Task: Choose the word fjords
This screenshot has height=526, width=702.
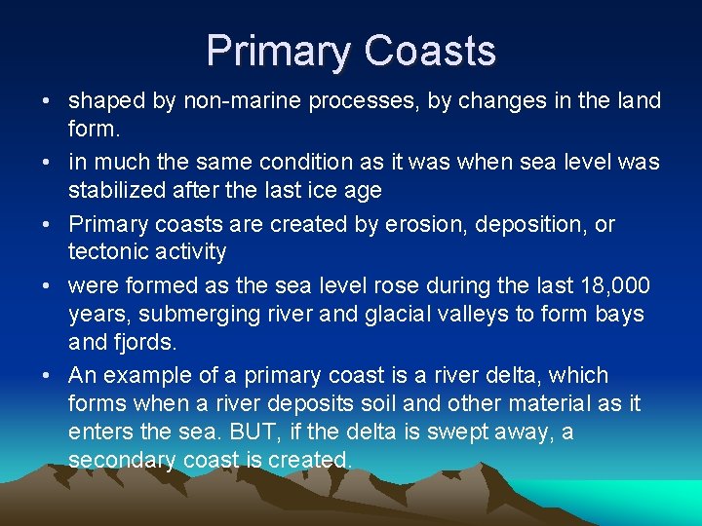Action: pyautogui.click(x=147, y=343)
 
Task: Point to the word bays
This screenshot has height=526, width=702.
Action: pyautogui.click(x=620, y=315)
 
